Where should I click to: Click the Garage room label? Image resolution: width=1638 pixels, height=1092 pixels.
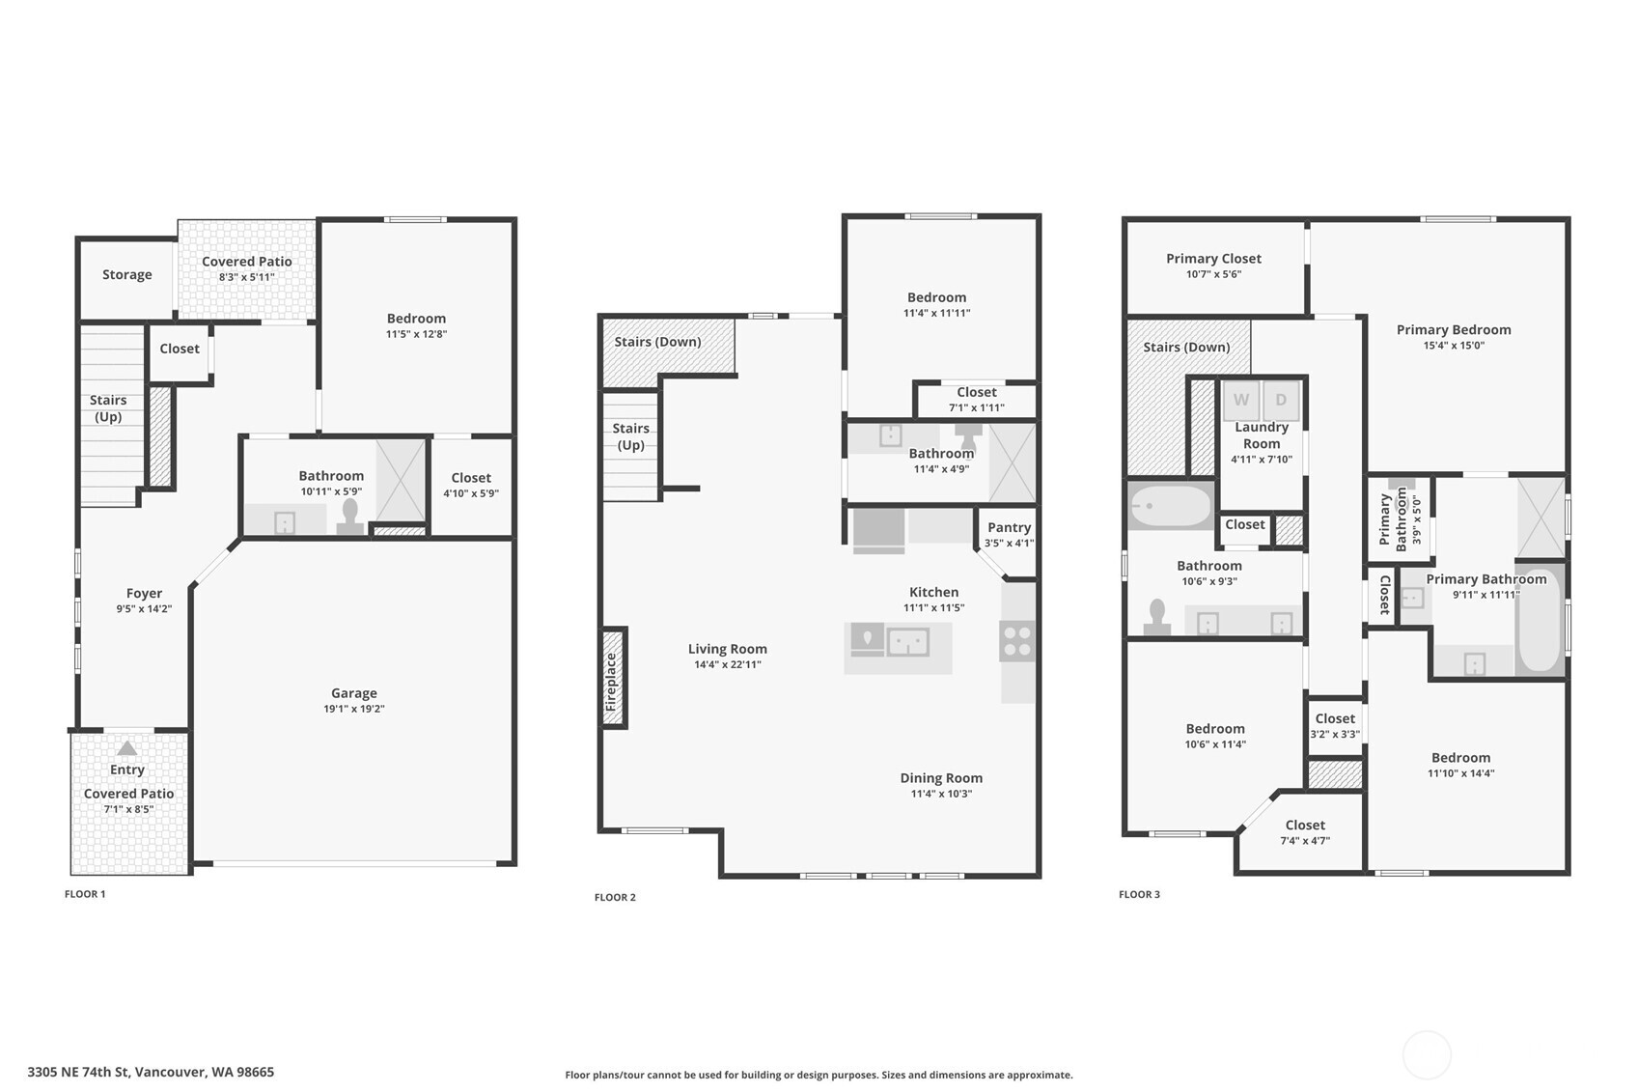[353, 693]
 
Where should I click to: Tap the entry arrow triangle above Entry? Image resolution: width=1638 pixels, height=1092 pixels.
[126, 748]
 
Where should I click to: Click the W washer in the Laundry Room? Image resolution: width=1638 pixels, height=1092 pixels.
[1240, 401]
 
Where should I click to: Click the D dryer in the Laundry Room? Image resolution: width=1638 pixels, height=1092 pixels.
[1281, 401]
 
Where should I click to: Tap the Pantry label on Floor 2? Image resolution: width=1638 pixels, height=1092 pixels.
[1009, 527]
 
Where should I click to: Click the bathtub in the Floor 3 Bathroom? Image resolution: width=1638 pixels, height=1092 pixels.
[1170, 506]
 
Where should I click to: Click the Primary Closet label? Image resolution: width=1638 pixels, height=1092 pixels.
[1213, 259]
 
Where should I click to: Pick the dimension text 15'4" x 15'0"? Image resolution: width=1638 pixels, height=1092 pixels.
[1453, 346]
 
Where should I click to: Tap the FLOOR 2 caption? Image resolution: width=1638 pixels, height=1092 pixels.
[615, 898]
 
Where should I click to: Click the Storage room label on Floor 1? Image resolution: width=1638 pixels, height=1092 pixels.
[127, 275]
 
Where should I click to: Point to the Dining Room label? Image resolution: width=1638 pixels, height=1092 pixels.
[941, 778]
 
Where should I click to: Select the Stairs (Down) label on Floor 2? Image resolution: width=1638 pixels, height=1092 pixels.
[657, 342]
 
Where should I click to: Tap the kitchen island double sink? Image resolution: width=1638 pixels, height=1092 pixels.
[907, 642]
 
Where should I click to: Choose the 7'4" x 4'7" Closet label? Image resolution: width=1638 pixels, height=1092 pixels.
[1305, 826]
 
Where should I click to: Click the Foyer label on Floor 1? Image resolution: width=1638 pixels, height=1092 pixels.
[144, 594]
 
